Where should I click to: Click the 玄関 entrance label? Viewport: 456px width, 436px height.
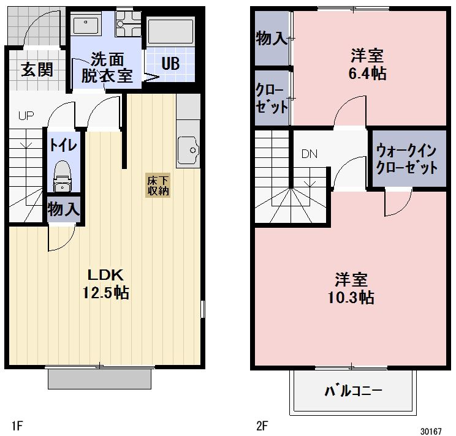click(x=37, y=69)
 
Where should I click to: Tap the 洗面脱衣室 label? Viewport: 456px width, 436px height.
click(x=108, y=67)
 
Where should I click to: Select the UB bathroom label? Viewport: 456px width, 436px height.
click(x=170, y=64)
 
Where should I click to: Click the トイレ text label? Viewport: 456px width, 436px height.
click(x=63, y=145)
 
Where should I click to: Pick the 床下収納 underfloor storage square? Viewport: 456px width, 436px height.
click(x=158, y=186)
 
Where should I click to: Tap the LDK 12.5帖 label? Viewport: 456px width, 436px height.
click(x=106, y=284)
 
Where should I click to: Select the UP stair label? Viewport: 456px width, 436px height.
click(x=25, y=115)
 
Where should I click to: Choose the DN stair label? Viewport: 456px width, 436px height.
click(x=310, y=154)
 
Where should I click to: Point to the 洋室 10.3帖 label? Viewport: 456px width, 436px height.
click(x=351, y=289)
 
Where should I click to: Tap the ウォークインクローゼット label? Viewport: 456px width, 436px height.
click(x=407, y=159)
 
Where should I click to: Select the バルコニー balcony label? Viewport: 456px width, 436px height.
click(x=353, y=390)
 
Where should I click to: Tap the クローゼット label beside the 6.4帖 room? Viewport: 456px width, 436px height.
click(x=272, y=99)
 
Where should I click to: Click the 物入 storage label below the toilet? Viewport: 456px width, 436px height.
click(x=64, y=209)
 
